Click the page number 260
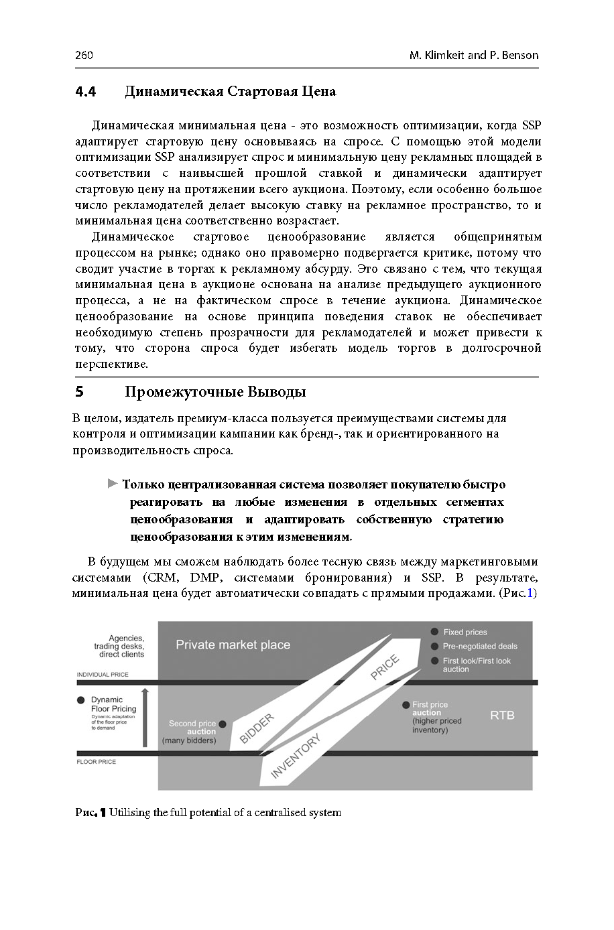pyautogui.click(x=84, y=55)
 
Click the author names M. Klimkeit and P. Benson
pyautogui.click(x=473, y=55)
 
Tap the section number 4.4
pyautogui.click(x=86, y=92)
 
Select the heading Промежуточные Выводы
pyautogui.click(x=215, y=392)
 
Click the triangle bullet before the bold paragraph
pyautogui.click(x=113, y=484)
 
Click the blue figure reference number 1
pyautogui.click(x=530, y=593)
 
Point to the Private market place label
pyautogui.click(x=233, y=645)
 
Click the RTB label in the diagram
pyautogui.click(x=502, y=715)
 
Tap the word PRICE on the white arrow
pyautogui.click(x=385, y=667)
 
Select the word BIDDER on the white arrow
pyautogui.click(x=257, y=728)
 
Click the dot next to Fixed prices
pyautogui.click(x=434, y=632)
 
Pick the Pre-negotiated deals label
pyautogui.click(x=479, y=646)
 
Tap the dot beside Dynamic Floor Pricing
pyautogui.click(x=81, y=700)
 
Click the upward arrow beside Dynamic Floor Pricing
pyautogui.click(x=145, y=717)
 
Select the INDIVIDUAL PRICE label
pyautogui.click(x=103, y=674)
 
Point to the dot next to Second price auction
pyautogui.click(x=223, y=724)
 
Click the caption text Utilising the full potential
pyautogui.click(x=225, y=813)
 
